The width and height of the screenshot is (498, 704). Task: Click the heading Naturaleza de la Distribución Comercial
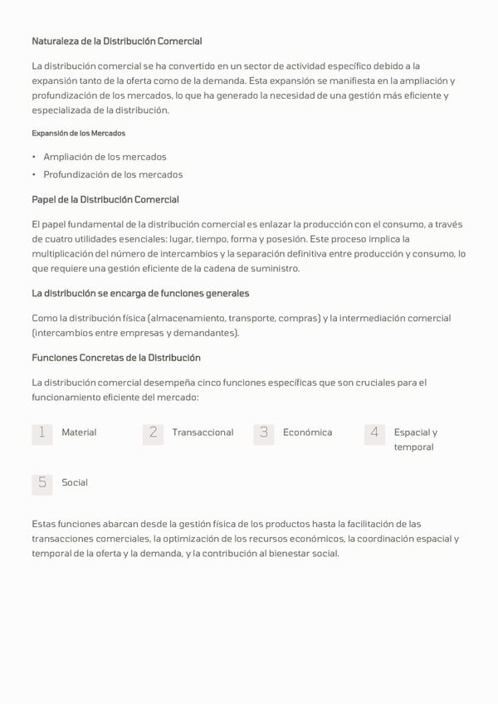[116, 42]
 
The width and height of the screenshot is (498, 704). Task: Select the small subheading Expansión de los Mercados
[78, 133]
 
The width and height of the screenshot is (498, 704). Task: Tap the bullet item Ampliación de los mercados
[105, 157]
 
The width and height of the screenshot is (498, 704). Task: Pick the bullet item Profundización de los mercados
[113, 175]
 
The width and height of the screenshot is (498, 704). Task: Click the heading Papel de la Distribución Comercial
[105, 200]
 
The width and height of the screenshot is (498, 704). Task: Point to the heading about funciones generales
[140, 294]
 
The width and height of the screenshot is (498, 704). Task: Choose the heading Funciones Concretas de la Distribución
[116, 358]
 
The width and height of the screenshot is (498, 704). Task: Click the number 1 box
[42, 433]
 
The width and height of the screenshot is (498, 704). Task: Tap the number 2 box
[153, 433]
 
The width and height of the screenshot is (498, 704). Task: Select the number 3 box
[264, 433]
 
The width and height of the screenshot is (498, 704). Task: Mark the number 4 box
[374, 433]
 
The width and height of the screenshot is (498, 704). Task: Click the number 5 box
[42, 483]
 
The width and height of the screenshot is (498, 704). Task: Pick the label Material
[79, 433]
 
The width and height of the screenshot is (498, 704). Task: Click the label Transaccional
[203, 433]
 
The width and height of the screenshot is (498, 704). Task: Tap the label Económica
[307, 433]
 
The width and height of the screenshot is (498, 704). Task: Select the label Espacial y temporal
[415, 439]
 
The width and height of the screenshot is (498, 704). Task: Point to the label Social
[75, 483]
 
